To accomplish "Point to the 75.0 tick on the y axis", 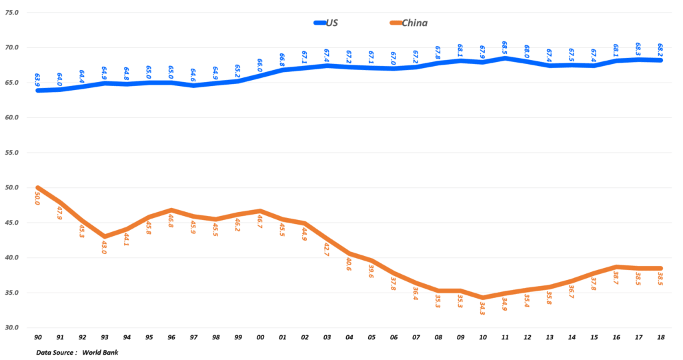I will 12,13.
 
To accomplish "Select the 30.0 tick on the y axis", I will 12,327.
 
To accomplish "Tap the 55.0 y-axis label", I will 12,153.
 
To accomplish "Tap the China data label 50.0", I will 37,199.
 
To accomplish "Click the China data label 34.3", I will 482,308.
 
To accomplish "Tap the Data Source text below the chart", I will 56,352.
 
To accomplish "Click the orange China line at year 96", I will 171,210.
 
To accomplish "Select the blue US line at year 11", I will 505,58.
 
